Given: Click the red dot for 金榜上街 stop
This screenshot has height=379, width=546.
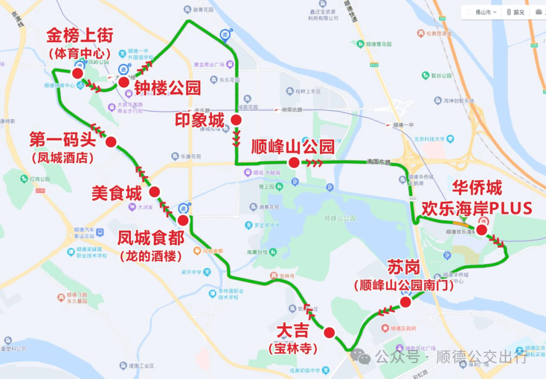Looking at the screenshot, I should pyautogui.click(x=77, y=73).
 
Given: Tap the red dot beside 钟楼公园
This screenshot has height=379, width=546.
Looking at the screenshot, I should pyautogui.click(x=124, y=82).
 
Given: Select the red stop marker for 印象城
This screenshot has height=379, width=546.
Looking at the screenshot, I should pyautogui.click(x=236, y=120).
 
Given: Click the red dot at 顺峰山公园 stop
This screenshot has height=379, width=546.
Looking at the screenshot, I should pyautogui.click(x=293, y=162).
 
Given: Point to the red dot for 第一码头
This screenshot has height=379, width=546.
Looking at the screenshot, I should pyautogui.click(x=111, y=142).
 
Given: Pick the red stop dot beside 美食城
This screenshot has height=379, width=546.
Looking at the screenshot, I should pyautogui.click(x=154, y=192).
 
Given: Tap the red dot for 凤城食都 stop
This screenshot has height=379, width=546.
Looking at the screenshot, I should pyautogui.click(x=183, y=220).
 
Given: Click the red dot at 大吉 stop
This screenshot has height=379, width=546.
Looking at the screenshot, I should pyautogui.click(x=329, y=333).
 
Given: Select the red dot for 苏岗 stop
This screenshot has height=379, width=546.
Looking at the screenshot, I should pyautogui.click(x=405, y=302).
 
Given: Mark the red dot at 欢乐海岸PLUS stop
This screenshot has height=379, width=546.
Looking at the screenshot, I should pyautogui.click(x=481, y=230).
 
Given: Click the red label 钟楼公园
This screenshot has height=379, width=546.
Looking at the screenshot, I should pyautogui.click(x=167, y=88).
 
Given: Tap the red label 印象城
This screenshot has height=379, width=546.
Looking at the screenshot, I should pyautogui.click(x=199, y=120).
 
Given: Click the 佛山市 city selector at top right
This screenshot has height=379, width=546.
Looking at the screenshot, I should pyautogui.click(x=482, y=12).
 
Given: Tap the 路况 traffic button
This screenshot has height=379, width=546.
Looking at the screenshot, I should pyautogui.click(x=516, y=12).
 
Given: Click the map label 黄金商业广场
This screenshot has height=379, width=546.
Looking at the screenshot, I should pyautogui.click(x=209, y=65).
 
